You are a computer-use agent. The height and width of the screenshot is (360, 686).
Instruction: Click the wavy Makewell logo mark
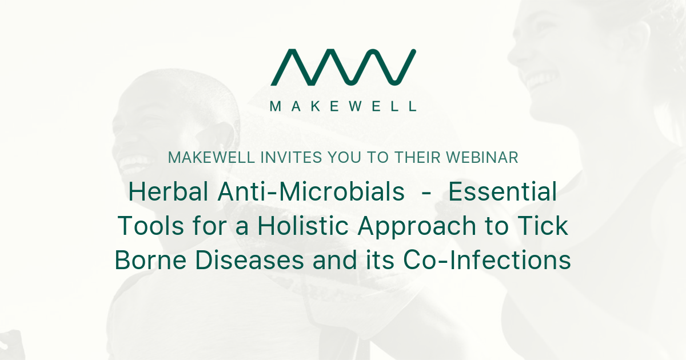(343, 67)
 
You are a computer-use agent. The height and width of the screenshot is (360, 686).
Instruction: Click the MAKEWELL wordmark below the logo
(343, 106)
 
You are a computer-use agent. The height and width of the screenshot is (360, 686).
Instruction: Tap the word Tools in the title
(146, 227)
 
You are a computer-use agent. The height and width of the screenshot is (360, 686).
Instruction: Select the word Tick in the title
(545, 227)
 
